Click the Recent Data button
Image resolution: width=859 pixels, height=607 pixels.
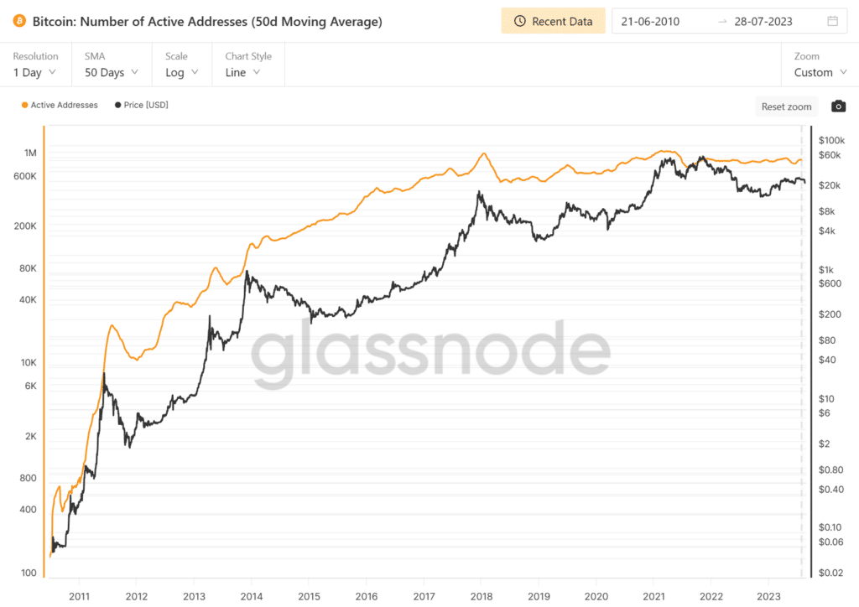point(553,21)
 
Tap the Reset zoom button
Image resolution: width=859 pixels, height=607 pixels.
point(786,106)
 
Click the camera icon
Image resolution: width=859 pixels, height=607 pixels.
point(838,106)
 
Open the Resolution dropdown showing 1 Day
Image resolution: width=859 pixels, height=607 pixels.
point(35,72)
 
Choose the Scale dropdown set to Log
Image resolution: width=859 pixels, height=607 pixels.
point(181,72)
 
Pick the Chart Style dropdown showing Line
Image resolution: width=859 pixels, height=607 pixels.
point(242,72)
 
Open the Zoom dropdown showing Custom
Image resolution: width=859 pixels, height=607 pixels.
point(819,72)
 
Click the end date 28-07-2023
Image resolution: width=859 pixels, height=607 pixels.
point(763,21)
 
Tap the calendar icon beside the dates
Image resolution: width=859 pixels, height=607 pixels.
point(832,21)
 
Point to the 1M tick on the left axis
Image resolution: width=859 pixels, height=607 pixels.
point(31,153)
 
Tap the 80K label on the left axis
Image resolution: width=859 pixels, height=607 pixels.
point(27,268)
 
